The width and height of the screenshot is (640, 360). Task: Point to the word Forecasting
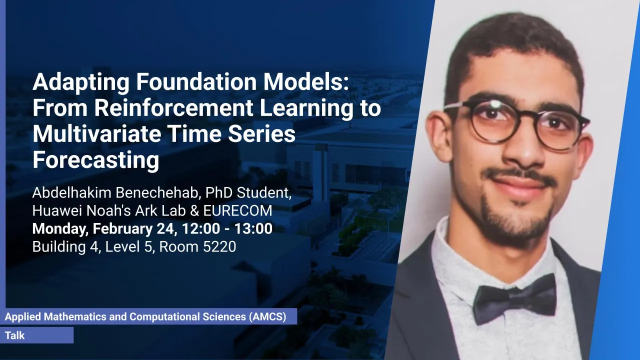click(95, 160)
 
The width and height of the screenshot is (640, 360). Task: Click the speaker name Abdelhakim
click(71, 192)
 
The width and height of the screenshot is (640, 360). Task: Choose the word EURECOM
click(237, 210)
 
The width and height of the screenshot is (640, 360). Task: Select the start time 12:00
click(200, 228)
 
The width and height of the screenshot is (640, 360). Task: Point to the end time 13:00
click(253, 228)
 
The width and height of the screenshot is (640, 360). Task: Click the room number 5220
click(219, 246)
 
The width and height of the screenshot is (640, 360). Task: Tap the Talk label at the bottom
click(15, 335)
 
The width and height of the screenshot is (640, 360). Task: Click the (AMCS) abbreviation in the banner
click(267, 316)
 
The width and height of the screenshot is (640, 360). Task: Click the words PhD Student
click(248, 193)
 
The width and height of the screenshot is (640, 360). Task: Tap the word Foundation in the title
click(196, 82)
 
